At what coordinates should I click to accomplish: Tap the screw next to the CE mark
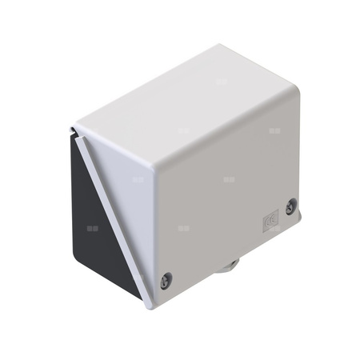(x=291, y=206)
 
